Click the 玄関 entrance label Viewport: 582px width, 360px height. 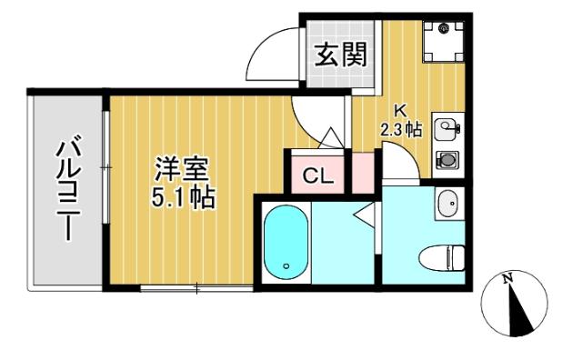point(342,56)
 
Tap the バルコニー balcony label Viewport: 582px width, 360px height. point(69,187)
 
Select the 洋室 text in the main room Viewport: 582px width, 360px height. point(183,170)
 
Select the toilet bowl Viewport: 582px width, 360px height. point(447,257)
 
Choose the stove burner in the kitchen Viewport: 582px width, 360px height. point(447,160)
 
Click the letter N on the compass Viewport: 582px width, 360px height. point(510,278)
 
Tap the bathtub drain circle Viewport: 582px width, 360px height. point(286,266)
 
